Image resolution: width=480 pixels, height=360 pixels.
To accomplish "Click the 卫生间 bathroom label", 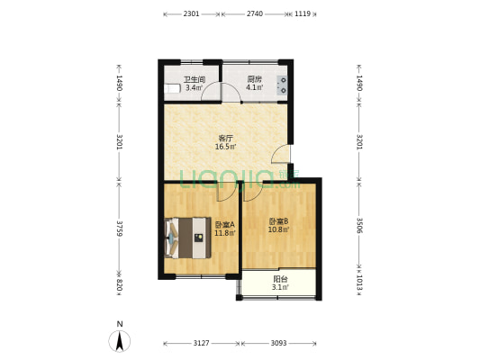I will (x=195, y=79).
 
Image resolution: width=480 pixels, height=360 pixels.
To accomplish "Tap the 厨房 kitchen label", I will (x=255, y=79).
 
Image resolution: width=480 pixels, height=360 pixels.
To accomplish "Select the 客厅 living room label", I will (x=225, y=138).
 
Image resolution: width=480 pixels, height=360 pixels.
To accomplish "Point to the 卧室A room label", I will (x=224, y=225).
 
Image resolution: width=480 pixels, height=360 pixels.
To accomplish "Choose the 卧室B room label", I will (x=277, y=221).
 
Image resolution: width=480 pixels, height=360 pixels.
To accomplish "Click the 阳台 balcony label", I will (x=280, y=279).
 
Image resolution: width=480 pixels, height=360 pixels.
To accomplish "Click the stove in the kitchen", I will (x=283, y=85).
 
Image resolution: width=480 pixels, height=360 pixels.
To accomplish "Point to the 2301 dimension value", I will (x=191, y=14).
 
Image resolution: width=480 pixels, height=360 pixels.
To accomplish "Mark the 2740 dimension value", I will (x=254, y=14).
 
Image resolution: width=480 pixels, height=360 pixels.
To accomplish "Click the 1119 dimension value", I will (x=303, y=14).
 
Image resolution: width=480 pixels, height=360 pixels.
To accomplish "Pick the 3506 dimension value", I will (x=359, y=224).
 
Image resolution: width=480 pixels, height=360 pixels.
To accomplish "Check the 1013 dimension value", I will (x=359, y=282).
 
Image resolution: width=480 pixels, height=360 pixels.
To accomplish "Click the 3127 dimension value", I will (x=201, y=343).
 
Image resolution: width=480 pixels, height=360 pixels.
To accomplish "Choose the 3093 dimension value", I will (x=278, y=343).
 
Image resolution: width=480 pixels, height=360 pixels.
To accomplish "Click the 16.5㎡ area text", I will (x=225, y=147).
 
